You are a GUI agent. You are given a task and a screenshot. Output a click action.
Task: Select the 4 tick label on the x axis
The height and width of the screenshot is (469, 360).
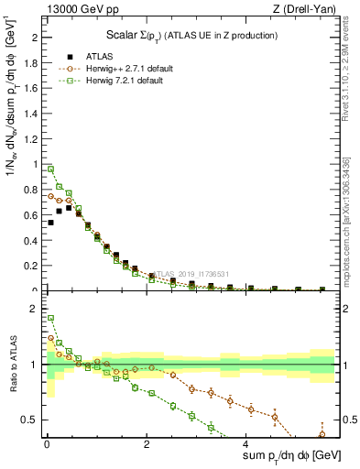tap(247, 444)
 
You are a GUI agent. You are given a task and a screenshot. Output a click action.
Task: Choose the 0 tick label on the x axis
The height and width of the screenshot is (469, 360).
tap(46, 444)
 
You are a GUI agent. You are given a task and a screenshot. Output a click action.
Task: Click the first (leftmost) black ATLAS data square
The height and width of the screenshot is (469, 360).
tap(50, 223)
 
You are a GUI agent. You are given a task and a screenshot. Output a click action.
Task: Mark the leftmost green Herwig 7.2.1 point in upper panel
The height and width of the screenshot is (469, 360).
tap(50, 169)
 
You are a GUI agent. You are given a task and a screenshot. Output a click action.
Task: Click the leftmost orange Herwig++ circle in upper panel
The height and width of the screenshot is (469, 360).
tap(50, 196)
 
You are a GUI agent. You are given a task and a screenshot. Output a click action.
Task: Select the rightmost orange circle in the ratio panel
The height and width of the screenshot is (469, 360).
tap(322, 434)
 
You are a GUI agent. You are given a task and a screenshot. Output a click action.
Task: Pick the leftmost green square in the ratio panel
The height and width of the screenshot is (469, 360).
tap(50, 319)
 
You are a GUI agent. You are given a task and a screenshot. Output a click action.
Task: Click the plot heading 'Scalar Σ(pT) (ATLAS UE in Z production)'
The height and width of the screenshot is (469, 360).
tap(188, 34)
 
